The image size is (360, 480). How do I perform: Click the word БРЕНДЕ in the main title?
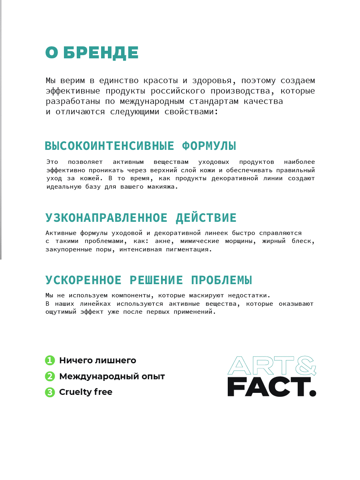tap(101, 53)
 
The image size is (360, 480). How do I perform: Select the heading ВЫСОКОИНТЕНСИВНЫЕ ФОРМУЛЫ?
tap(140, 146)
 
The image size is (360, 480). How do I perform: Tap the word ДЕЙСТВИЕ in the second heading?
tap(206, 218)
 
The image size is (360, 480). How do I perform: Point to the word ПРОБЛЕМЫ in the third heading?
tap(221, 280)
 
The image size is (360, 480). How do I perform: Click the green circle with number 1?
tap(50, 360)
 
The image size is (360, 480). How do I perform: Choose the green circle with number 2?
tap(50, 376)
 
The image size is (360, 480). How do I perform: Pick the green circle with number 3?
tap(50, 392)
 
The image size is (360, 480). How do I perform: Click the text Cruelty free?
tap(86, 392)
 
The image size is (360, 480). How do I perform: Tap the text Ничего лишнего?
tap(97, 360)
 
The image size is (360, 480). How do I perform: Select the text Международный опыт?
tap(112, 376)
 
